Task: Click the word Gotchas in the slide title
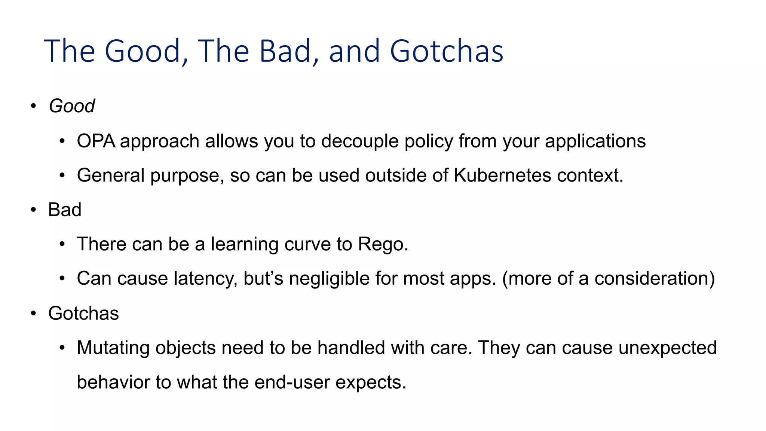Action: [x=446, y=51]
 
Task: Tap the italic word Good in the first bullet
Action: [x=71, y=106]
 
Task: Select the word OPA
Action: [x=96, y=141]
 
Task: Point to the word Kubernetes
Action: [x=502, y=175]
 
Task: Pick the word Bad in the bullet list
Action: [x=65, y=210]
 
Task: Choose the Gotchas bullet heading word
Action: [x=83, y=313]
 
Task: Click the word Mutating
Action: [x=113, y=348]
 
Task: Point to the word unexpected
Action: [x=667, y=348]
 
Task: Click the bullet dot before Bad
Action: [x=33, y=210]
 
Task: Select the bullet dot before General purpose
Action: [x=62, y=175]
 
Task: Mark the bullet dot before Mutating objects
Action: [x=62, y=348]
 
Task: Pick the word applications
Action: [x=595, y=141]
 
